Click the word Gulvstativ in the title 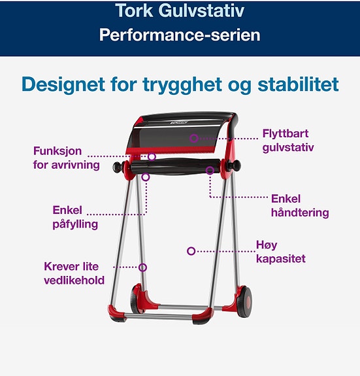tap(201, 11)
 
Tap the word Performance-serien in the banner tap(180, 35)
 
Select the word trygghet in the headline tap(182, 85)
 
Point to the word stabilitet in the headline tap(298, 84)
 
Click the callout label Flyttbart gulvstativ tap(288, 141)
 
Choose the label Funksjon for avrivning tap(67, 158)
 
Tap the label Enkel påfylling tap(75, 217)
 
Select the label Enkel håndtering tap(300, 206)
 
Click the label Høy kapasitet tap(281, 252)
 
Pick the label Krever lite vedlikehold tap(74, 273)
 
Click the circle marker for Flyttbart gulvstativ tap(194, 138)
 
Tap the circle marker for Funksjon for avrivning tap(152, 157)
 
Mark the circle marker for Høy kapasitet tap(191, 251)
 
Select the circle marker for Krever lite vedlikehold tap(142, 267)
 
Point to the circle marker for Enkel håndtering tap(210, 171)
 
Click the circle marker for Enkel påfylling tap(146, 177)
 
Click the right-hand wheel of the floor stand tap(244, 301)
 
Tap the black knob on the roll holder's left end tap(118, 167)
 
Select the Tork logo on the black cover tap(178, 123)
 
